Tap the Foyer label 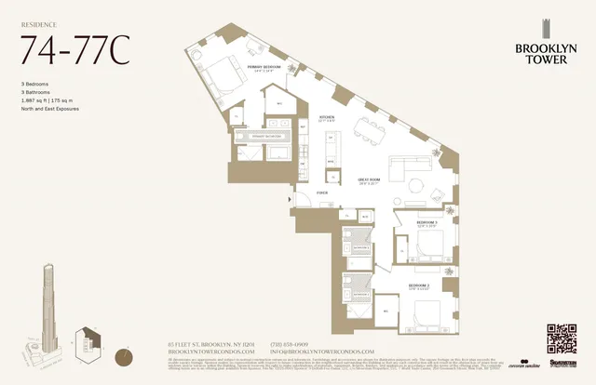coord(322,193)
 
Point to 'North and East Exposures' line coord(53,109)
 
